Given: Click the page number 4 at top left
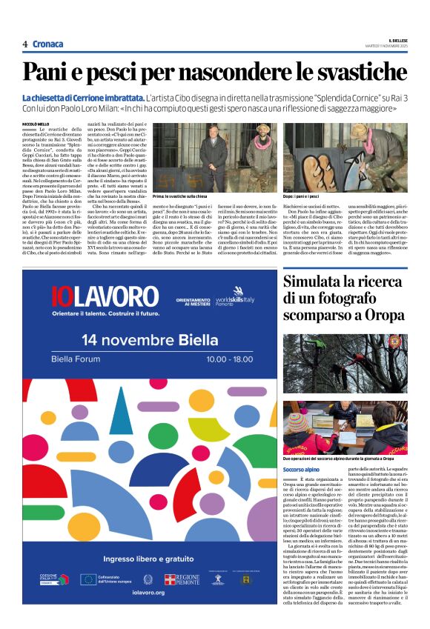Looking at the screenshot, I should pyautogui.click(x=25, y=44).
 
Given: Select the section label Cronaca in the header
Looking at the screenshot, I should pyautogui.click(x=48, y=44).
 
